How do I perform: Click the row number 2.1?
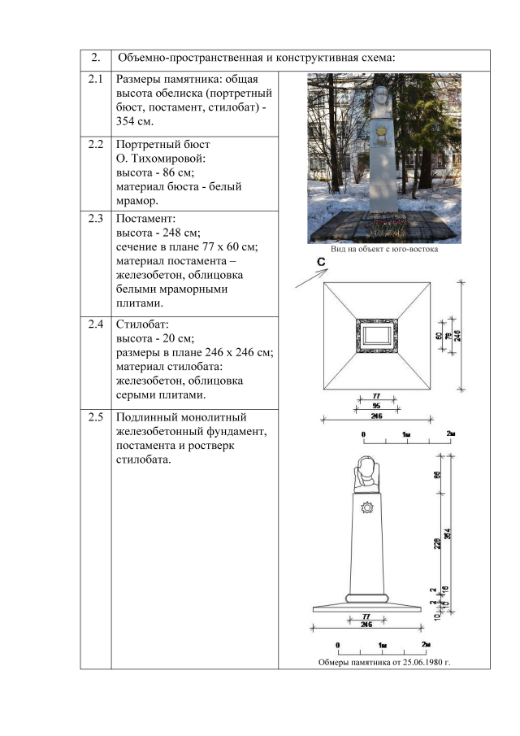pos(96,80)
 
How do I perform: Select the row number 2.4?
pos(96,324)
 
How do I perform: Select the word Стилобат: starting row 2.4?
pos(142,324)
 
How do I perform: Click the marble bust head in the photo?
pos(384,95)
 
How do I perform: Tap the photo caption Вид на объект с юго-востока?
pos(383,250)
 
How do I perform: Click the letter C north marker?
pos(322,262)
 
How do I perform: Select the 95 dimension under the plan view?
pos(376,404)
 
